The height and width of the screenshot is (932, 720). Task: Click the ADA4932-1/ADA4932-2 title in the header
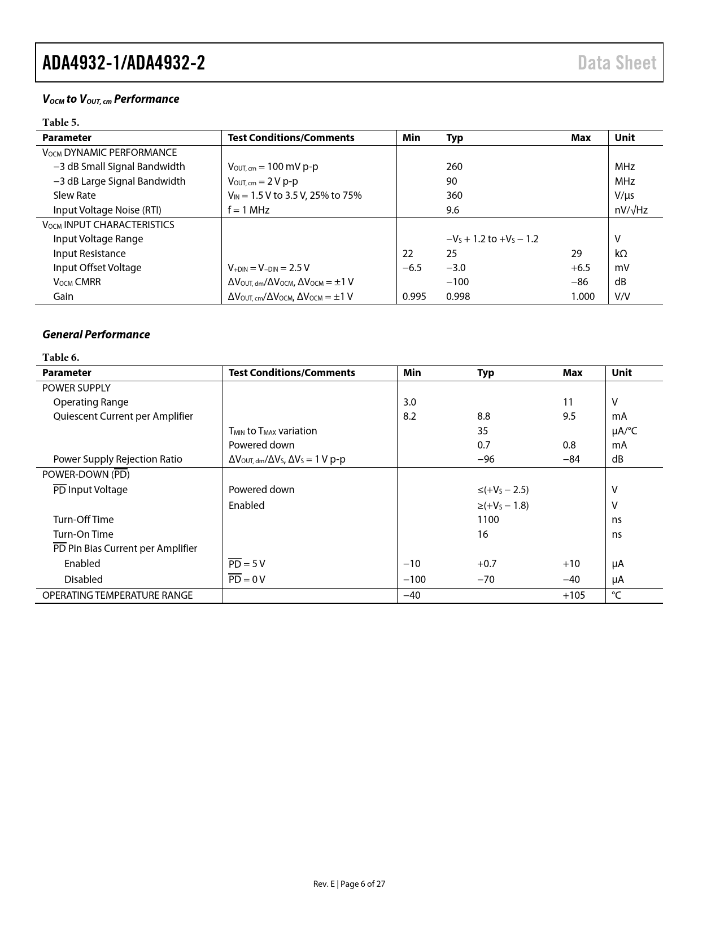tap(124, 63)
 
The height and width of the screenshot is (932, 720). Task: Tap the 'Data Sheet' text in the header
tap(617, 63)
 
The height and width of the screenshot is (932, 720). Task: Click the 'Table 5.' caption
tap(60, 123)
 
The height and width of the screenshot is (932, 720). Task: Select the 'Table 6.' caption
tap(60, 358)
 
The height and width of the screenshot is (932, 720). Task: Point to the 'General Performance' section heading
tap(96, 334)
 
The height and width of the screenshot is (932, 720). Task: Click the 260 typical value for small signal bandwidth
tap(454, 167)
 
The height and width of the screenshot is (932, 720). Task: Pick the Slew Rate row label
tap(75, 195)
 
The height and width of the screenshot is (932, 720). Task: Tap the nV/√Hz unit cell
tap(631, 210)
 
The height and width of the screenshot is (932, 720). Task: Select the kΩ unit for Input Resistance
tap(621, 254)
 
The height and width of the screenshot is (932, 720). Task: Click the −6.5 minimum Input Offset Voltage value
tap(412, 268)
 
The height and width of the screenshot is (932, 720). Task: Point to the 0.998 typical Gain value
tap(458, 297)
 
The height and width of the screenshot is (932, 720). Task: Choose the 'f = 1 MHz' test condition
tap(248, 210)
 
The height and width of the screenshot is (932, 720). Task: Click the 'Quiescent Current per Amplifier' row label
tap(123, 416)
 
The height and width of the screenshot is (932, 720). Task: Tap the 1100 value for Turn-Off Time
tap(488, 520)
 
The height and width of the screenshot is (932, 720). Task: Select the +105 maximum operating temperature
tap(574, 595)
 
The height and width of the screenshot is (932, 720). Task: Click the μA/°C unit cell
tap(624, 431)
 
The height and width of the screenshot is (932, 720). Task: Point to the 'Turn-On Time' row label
tap(83, 534)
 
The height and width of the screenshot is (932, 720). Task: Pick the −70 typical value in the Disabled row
tap(486, 580)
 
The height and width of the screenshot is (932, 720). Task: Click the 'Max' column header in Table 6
tap(572, 373)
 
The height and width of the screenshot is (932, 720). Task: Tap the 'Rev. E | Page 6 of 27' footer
tap(349, 884)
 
